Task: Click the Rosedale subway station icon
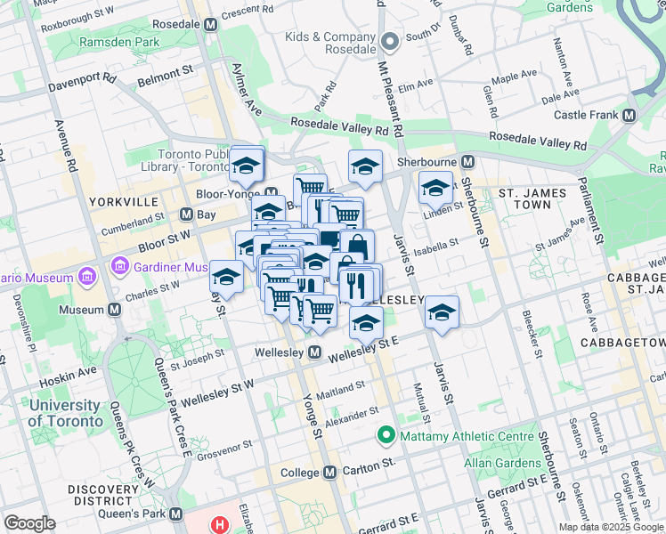pyautogui.click(x=210, y=25)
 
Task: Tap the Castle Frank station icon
pyautogui.click(x=629, y=116)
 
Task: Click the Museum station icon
pyautogui.click(x=114, y=310)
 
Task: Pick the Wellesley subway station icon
pyautogui.click(x=314, y=353)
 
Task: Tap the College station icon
pyautogui.click(x=329, y=472)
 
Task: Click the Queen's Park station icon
pyautogui.click(x=175, y=514)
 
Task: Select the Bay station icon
pyautogui.click(x=186, y=214)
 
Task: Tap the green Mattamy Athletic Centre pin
pyautogui.click(x=386, y=436)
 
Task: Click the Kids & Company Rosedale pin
pyautogui.click(x=388, y=42)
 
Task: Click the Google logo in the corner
pyautogui.click(x=29, y=523)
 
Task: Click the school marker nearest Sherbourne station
pyautogui.click(x=435, y=188)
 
